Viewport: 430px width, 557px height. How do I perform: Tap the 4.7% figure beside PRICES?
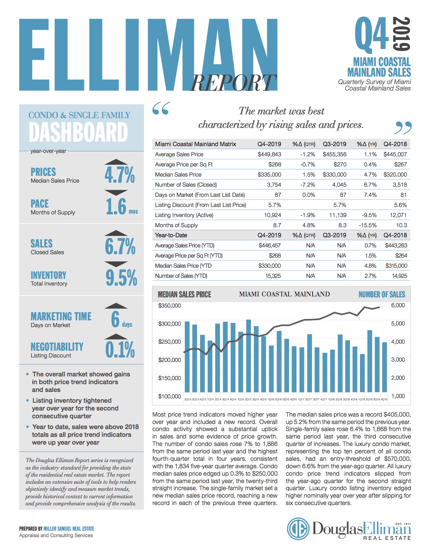tap(120, 175)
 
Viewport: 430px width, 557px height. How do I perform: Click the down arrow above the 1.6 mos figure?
tap(116, 193)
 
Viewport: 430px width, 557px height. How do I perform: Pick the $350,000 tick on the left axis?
tap(170, 306)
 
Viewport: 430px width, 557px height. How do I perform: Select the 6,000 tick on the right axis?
tap(398, 305)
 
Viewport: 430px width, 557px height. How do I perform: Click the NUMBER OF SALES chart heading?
tap(382, 294)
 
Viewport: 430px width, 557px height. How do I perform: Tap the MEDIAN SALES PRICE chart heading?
tap(184, 294)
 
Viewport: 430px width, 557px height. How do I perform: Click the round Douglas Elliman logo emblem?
tap(298, 529)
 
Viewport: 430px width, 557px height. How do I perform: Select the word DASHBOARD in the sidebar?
tap(78, 132)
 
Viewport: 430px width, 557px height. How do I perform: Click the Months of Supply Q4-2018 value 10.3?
tap(401, 225)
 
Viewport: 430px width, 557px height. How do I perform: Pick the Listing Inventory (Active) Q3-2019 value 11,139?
tap(338, 215)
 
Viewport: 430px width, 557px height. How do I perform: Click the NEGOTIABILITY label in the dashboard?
tap(57, 347)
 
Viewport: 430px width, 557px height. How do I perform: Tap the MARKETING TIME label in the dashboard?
tap(61, 316)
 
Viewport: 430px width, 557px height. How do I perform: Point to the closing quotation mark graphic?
tap(403, 128)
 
